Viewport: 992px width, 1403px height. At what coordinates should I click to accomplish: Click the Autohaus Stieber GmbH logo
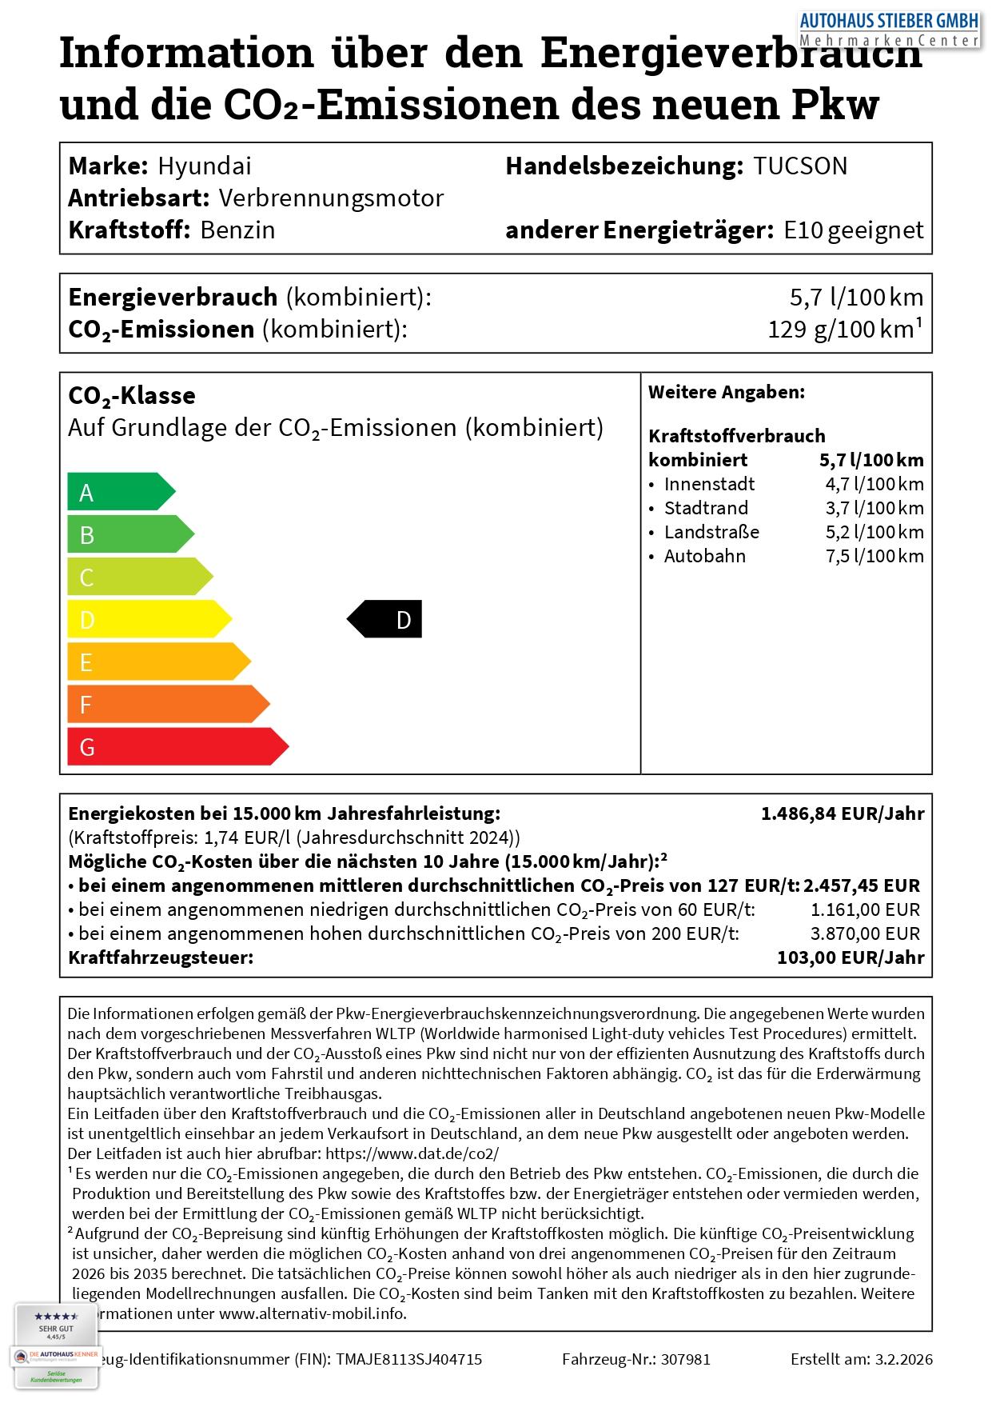(890, 29)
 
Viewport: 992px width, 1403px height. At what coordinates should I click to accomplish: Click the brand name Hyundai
(205, 166)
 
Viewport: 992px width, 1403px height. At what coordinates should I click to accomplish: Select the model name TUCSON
(799, 166)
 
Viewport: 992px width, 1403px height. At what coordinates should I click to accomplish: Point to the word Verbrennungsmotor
(331, 198)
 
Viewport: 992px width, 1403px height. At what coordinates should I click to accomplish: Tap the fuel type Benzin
(237, 230)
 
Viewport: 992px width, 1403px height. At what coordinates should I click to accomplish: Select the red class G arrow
(177, 747)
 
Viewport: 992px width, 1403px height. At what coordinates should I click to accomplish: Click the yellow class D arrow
(149, 620)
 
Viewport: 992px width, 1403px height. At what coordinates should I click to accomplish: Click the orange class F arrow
(167, 705)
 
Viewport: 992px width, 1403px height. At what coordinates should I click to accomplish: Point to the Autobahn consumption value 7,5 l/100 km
(874, 557)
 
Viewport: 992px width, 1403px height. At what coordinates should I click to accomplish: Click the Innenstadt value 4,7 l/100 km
(874, 485)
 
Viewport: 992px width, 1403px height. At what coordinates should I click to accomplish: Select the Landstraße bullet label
(711, 533)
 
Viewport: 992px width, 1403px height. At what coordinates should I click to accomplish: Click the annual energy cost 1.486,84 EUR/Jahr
(843, 814)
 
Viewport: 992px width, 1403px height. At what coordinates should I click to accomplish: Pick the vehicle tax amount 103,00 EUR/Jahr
(851, 958)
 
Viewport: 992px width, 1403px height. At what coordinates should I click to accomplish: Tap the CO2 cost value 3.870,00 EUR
(865, 934)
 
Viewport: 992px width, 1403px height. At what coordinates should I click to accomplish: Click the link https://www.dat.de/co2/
(412, 1154)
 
